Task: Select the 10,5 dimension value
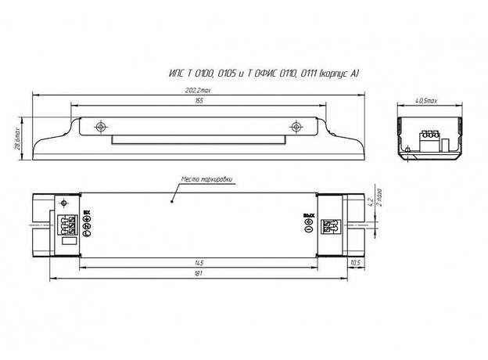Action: (x=356, y=261)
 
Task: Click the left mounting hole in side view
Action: (x=99, y=126)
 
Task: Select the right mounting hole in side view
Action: (x=295, y=126)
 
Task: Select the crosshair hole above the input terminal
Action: (x=62, y=204)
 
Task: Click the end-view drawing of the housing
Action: (x=426, y=138)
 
